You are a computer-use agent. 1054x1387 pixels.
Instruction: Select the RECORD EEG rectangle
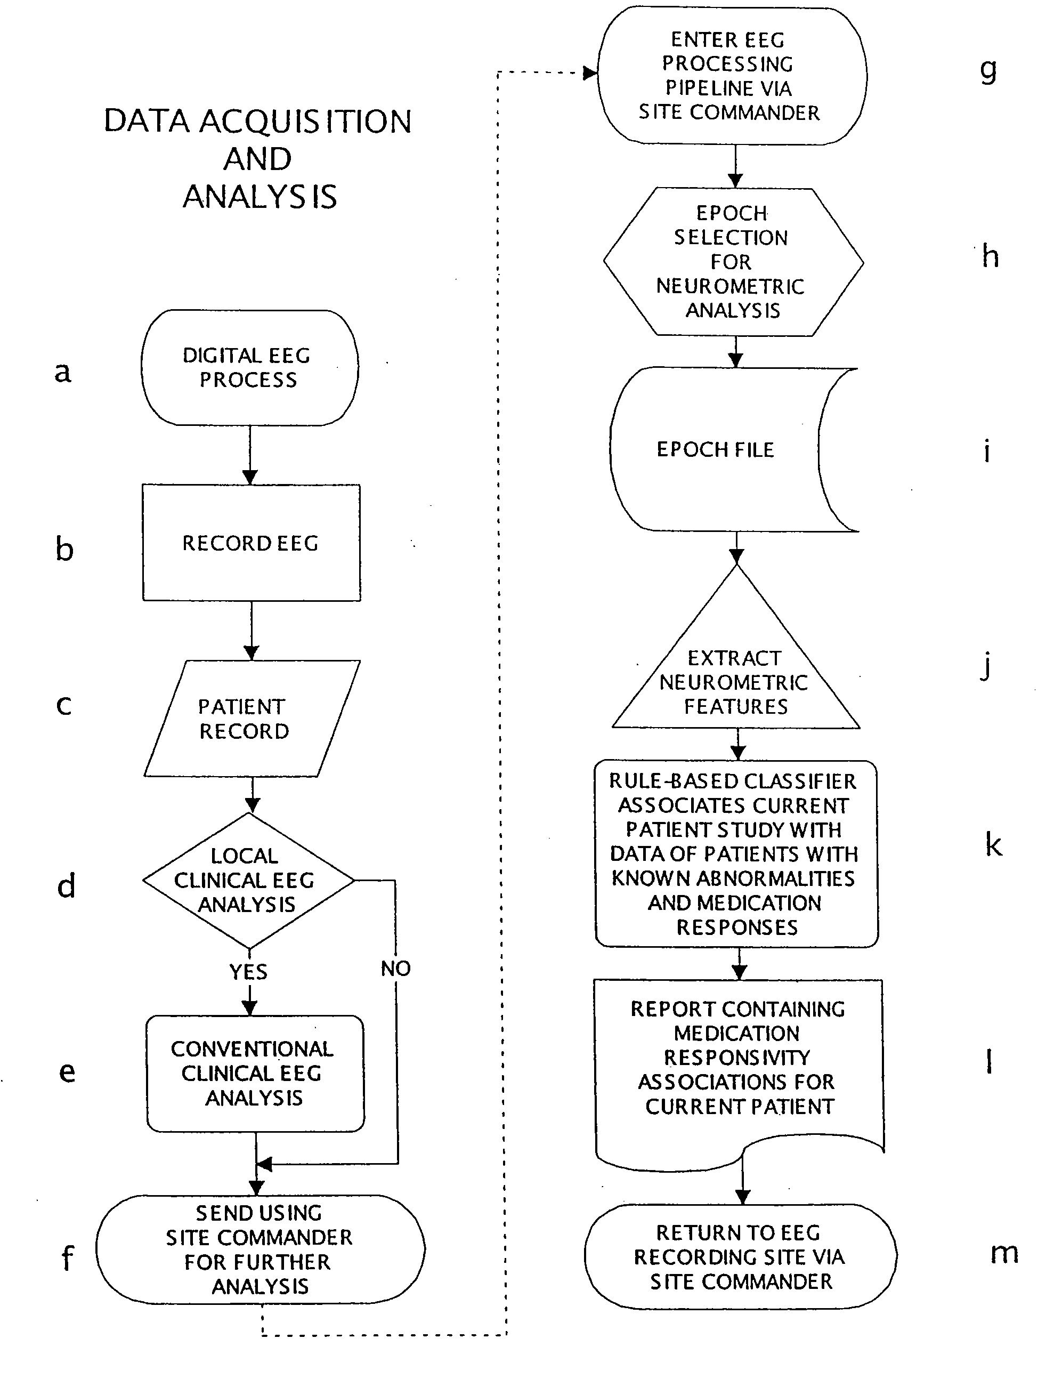pos(251,543)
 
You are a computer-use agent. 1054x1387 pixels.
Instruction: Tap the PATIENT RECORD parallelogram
pos(251,719)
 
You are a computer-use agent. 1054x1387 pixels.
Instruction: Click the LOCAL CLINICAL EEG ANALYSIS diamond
pos(248,880)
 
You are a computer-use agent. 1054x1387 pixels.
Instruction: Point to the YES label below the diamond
pos(248,972)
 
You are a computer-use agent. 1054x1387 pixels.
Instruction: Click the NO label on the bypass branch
pos(395,969)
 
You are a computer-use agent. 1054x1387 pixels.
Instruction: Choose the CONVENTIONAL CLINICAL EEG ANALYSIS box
pos(255,1073)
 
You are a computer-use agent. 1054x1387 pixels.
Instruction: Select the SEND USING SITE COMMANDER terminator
pos(260,1249)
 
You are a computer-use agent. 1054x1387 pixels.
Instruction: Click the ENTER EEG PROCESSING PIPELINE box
pos(731,76)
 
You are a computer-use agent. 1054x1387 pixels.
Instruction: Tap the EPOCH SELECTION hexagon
pos(733,262)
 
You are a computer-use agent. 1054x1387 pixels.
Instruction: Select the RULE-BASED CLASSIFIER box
pos(736,853)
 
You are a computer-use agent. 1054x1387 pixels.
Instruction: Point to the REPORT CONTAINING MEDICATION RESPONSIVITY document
pos(738,1058)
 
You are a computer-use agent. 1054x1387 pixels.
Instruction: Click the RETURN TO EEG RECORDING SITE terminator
pos(740,1257)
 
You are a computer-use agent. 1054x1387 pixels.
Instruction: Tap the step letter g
pos(988,70)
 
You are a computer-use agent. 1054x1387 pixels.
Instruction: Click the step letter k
pos(993,844)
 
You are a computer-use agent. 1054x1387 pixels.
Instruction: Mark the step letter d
pos(66,885)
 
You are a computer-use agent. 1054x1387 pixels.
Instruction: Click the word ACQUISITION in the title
pos(305,121)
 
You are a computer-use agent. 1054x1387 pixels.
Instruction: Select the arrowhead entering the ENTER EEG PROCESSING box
pos(590,74)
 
